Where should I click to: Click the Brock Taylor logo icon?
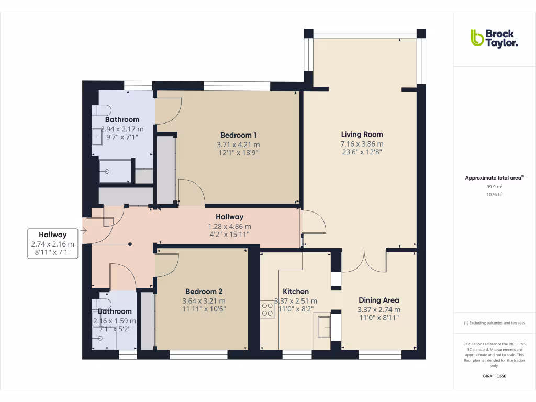click(477, 38)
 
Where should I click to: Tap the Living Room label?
click(362, 135)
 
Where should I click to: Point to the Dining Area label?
click(378, 300)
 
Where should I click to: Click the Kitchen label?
click(296, 292)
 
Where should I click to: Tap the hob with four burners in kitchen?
click(267, 310)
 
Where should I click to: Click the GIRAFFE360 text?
click(495, 376)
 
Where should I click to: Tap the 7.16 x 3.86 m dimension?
click(362, 144)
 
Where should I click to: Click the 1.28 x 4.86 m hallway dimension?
click(230, 226)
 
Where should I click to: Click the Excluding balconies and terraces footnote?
click(495, 323)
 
